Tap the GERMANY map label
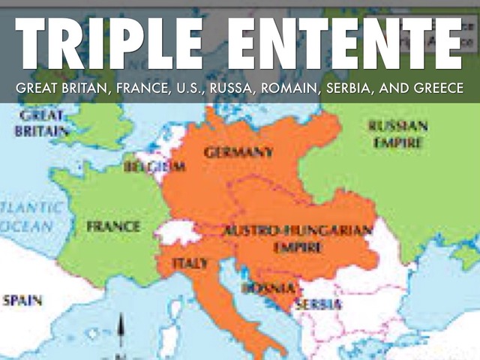coord(238,152)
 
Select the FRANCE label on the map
coord(113,226)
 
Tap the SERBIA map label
coord(317,304)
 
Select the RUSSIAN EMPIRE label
coord(398,133)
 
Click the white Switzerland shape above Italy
coord(178,232)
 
